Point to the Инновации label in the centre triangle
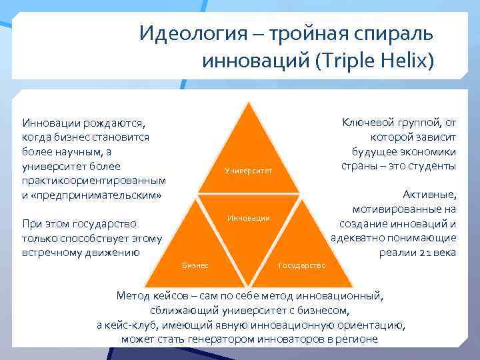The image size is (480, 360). pos(249,218)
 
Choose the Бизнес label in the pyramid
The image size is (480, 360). pos(195,265)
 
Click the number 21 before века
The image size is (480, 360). pos(422,253)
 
